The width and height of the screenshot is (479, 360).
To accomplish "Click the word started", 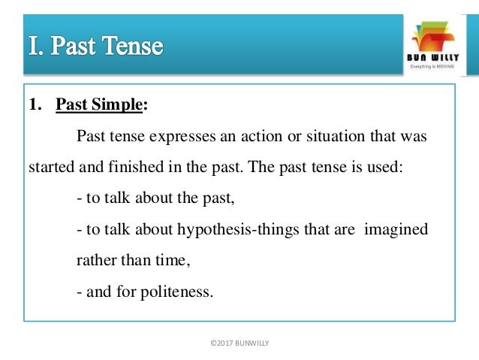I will [50, 167].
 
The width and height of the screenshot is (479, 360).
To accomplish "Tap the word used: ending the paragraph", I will [387, 167].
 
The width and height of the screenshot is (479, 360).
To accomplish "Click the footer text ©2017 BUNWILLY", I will [240, 343].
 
